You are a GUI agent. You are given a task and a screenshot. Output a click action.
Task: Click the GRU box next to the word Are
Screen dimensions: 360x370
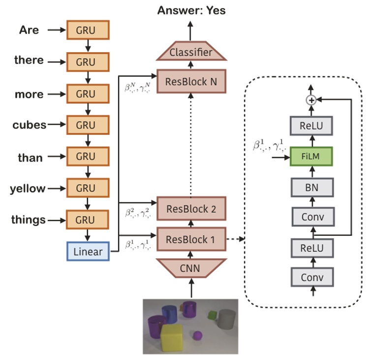pos(88,30)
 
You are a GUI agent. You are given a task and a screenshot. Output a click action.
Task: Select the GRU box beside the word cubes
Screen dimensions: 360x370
pos(88,125)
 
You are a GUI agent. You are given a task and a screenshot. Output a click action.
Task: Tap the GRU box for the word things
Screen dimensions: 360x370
pos(88,220)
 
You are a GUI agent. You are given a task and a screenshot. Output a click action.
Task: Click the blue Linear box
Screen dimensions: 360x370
pos(88,252)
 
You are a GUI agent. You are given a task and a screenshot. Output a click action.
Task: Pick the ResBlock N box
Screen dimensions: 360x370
pos(191,81)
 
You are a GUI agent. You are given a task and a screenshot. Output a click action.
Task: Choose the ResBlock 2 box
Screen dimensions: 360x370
pos(191,209)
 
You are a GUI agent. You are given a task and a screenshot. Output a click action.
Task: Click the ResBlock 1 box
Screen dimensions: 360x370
pos(191,240)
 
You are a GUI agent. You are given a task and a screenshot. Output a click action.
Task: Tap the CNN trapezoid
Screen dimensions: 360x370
pos(191,268)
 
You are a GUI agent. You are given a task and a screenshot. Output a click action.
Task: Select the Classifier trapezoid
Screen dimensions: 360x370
pos(191,52)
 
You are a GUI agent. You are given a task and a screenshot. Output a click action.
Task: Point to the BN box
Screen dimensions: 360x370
pos(311,187)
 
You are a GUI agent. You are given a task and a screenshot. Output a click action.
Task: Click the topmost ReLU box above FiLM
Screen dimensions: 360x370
pos(311,126)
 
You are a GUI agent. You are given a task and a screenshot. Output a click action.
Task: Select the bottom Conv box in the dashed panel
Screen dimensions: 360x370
pos(311,277)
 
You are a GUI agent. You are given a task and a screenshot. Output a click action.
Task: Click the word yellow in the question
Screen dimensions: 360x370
pos(28,189)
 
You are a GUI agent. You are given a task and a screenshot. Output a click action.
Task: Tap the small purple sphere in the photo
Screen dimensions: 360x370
pos(197,336)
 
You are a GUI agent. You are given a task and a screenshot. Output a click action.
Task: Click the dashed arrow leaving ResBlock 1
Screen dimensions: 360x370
pos(236,240)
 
